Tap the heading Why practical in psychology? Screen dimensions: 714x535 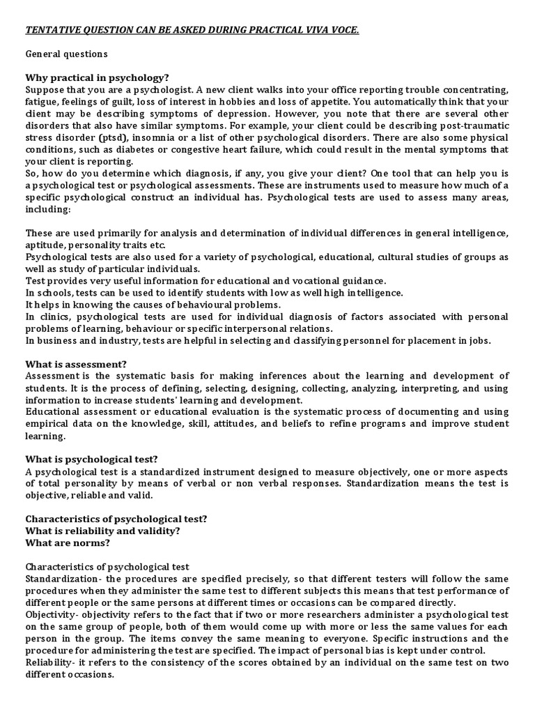(x=98, y=77)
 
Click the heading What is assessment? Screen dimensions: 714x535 (x=75, y=363)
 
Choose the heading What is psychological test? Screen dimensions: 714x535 (x=92, y=458)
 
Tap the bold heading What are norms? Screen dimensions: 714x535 (x=68, y=542)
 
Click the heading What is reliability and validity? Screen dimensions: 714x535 (x=103, y=531)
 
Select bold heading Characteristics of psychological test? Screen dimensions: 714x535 (x=116, y=519)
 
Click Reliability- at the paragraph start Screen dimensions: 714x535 (x=51, y=662)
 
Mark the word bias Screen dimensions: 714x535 (x=394, y=651)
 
